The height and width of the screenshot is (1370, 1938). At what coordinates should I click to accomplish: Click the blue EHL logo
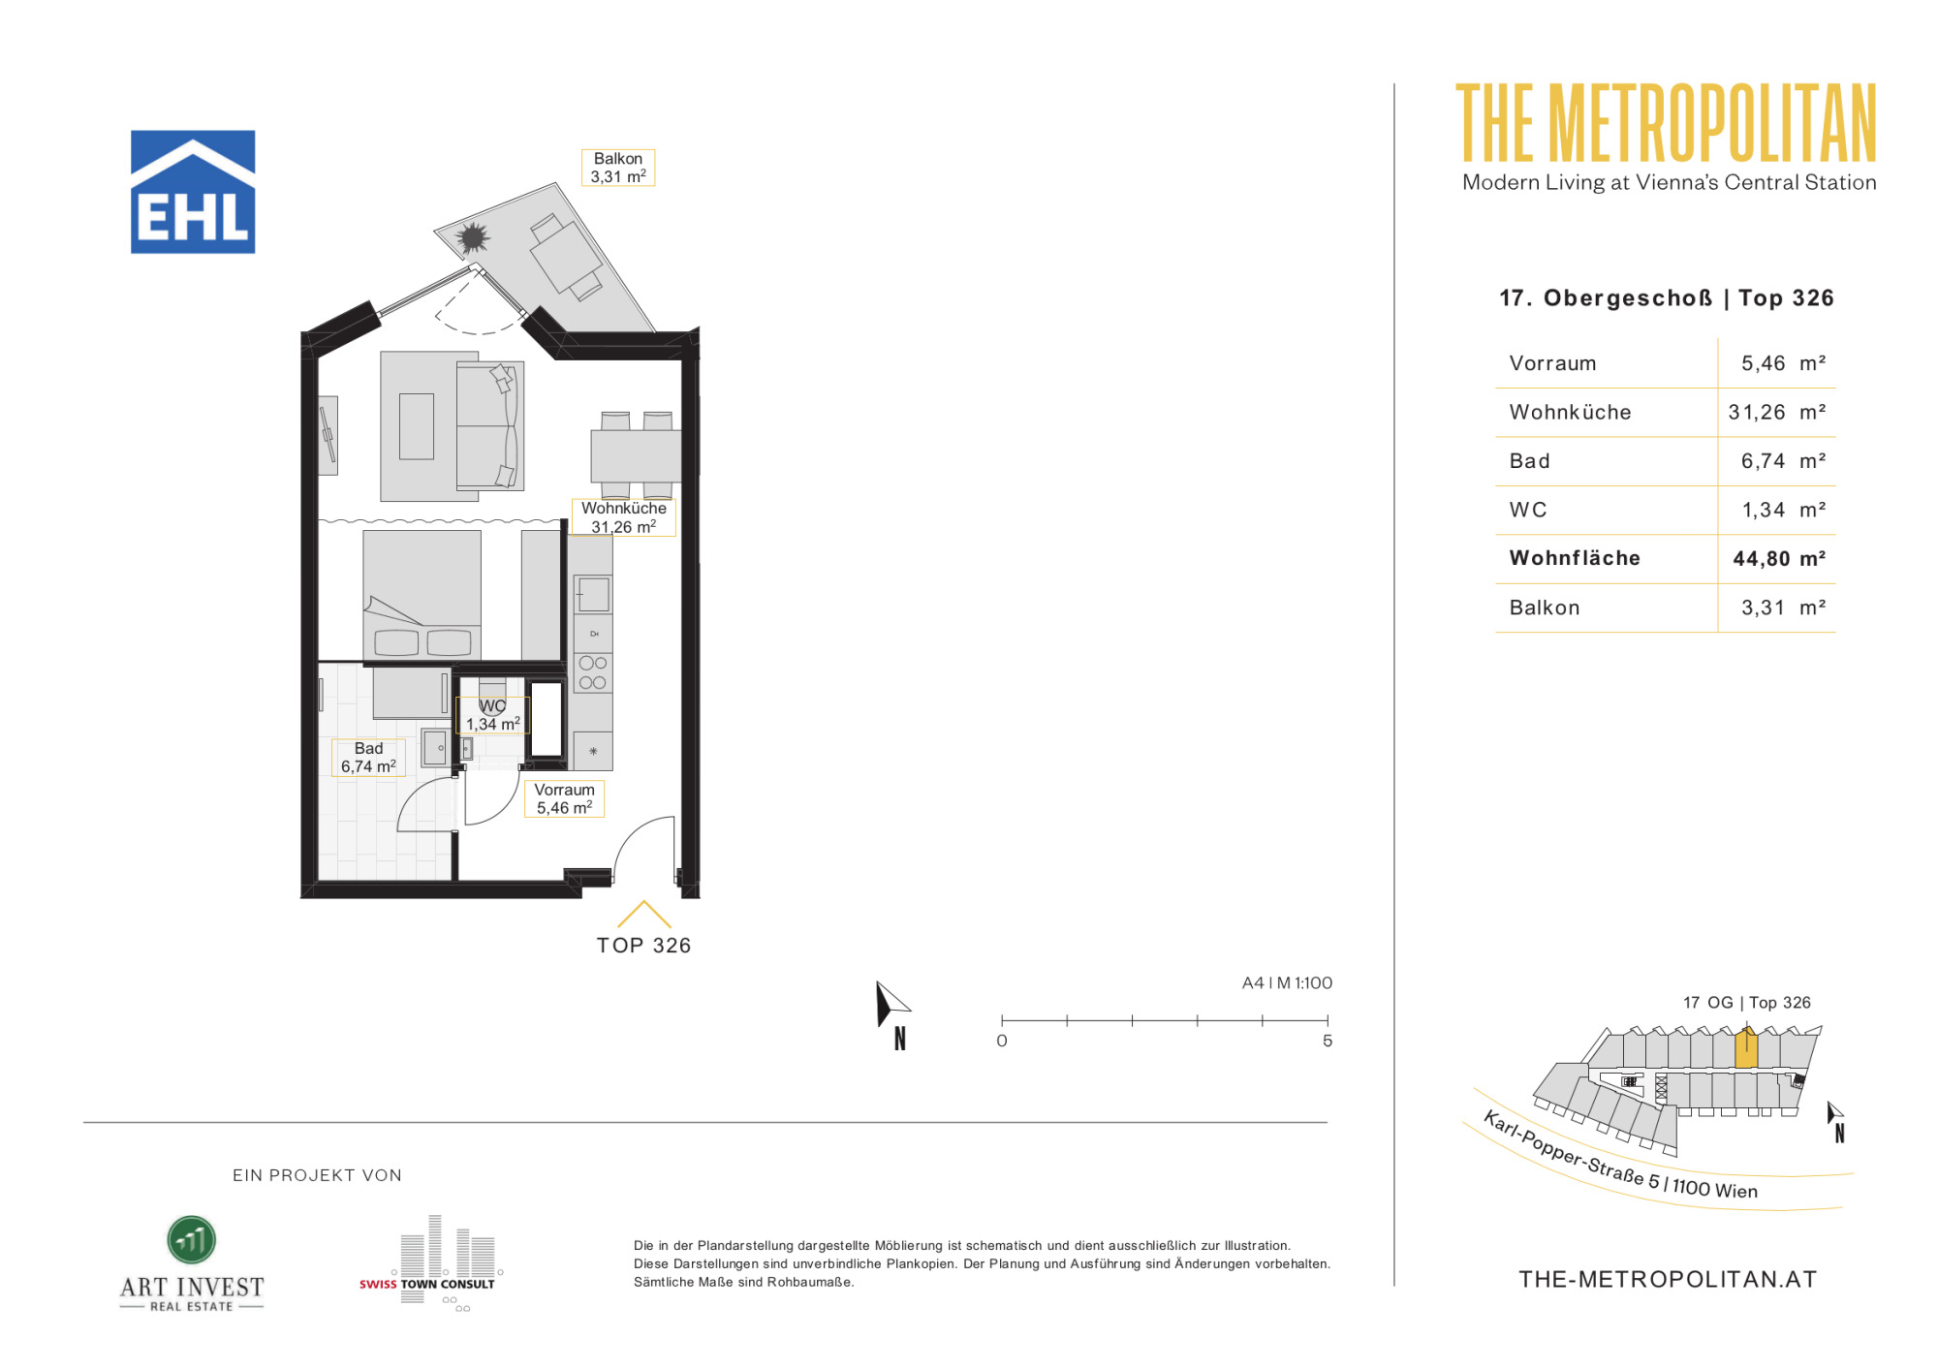[x=193, y=192]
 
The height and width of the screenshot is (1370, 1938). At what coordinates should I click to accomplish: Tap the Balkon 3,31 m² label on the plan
[x=618, y=168]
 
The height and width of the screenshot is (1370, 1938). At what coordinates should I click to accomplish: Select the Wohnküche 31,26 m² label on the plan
[x=624, y=517]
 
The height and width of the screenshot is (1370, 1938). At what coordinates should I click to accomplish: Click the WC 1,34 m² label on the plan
[x=493, y=715]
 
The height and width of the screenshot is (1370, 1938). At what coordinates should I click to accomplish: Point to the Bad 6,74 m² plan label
[x=368, y=758]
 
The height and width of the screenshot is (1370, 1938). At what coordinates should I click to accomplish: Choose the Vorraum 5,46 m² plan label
[x=565, y=798]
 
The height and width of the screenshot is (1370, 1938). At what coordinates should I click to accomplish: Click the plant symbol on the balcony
[x=473, y=237]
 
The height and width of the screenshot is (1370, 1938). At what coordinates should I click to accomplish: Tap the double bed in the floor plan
[x=422, y=595]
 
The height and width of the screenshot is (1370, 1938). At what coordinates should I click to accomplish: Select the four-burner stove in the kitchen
[x=593, y=672]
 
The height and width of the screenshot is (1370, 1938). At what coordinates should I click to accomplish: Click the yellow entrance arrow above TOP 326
[x=643, y=914]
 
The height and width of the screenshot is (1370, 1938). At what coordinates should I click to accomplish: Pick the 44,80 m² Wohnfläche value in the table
[x=1779, y=558]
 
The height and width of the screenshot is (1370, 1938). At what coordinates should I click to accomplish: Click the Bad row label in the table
[x=1530, y=461]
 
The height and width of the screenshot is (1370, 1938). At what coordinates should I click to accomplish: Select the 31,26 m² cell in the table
[x=1777, y=412]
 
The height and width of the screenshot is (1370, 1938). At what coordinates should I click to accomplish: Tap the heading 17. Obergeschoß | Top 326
[x=1667, y=297]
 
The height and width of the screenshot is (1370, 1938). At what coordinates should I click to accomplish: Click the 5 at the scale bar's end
[x=1328, y=1041]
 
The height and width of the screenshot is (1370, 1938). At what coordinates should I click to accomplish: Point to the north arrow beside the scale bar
[x=891, y=1005]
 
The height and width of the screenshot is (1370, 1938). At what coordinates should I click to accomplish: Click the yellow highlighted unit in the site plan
[x=1746, y=1049]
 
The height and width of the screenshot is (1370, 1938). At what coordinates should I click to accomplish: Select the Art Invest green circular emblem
[x=192, y=1240]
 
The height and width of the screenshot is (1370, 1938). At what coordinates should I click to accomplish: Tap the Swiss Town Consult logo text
[x=427, y=1284]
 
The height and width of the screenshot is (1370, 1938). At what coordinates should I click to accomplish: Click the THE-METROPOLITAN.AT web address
[x=1668, y=1279]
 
